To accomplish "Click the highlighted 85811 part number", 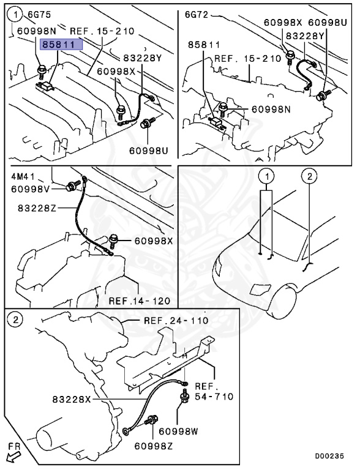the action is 61,45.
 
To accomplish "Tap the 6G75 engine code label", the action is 39,15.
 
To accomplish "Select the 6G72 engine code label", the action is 197,15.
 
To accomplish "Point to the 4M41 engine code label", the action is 23,176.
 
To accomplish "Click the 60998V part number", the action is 31,189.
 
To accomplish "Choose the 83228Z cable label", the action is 37,208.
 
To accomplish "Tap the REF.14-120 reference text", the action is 140,300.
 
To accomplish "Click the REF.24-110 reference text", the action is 176,321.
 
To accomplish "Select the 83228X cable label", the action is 72,399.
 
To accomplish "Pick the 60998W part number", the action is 179,431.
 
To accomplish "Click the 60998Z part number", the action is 153,446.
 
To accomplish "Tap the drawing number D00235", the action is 329,456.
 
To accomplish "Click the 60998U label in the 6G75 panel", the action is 149,150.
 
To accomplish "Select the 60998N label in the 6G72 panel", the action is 271,110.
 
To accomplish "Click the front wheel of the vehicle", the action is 281,301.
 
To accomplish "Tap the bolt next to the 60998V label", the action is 73,185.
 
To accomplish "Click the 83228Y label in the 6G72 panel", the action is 305,36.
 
